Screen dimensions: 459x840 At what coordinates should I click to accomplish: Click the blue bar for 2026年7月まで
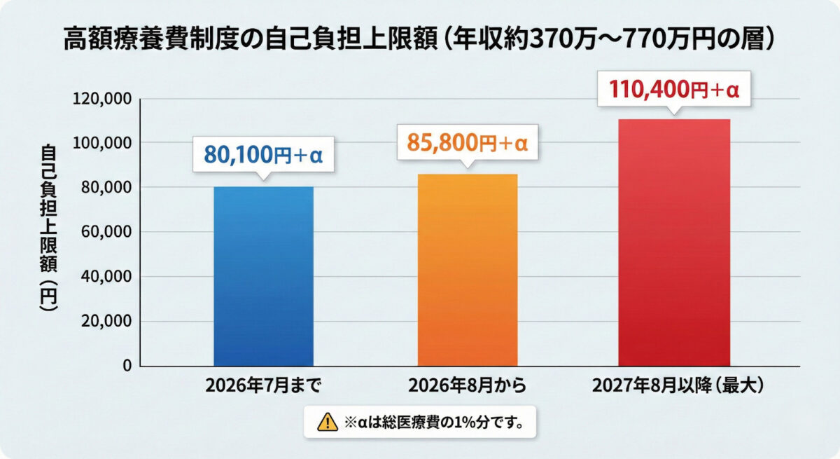263,276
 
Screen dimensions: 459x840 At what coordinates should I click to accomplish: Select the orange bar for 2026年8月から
467,270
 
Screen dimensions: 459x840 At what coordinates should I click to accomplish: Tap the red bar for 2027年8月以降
673,242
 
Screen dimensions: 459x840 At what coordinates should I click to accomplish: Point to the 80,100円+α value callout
263,155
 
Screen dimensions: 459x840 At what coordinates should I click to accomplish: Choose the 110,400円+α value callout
675,90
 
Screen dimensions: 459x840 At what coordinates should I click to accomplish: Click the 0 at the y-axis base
127,366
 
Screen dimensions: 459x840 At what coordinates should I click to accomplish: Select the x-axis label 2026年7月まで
263,386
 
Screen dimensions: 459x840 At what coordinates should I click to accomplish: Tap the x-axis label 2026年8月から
467,386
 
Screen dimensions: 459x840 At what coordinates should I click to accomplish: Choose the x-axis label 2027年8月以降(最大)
673,386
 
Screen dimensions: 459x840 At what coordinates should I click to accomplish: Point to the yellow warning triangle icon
326,422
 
